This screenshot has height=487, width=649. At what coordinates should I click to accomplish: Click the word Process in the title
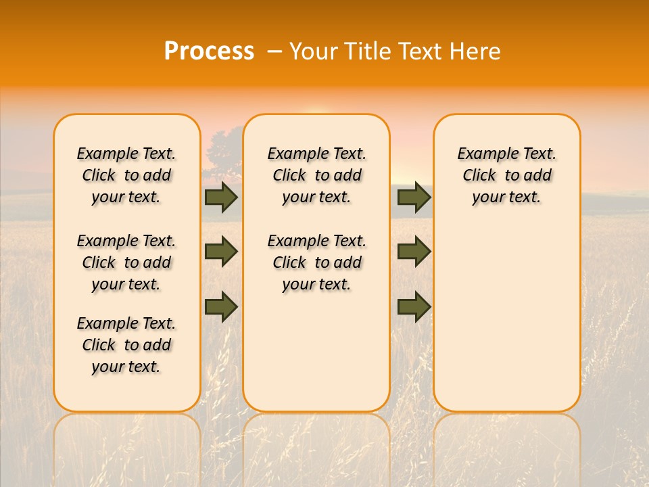(x=209, y=51)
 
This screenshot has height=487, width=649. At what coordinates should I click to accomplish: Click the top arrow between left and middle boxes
(x=221, y=197)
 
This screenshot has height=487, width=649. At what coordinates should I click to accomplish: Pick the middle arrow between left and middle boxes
(x=221, y=252)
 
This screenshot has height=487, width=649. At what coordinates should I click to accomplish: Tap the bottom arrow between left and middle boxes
(x=221, y=306)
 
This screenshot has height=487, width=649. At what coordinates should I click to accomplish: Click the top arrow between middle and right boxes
(x=414, y=197)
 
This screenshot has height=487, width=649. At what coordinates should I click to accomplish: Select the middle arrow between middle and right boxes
(x=414, y=252)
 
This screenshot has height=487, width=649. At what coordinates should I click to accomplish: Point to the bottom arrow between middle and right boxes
(x=414, y=306)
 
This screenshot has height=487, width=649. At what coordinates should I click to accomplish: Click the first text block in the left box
(x=126, y=175)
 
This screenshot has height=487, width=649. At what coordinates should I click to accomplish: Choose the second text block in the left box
(x=126, y=262)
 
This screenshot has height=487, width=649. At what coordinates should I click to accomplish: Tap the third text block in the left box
(x=126, y=345)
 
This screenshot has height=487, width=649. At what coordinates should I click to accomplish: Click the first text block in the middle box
(x=317, y=175)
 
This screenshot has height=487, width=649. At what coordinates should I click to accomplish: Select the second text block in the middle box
(x=317, y=262)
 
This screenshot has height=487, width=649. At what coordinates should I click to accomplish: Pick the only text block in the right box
(x=507, y=175)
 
